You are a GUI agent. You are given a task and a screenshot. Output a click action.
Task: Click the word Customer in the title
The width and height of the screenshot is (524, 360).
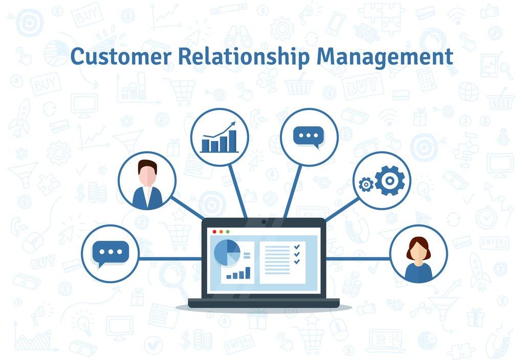coord(121,56)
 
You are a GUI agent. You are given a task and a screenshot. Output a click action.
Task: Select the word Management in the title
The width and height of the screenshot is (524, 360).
coord(385,58)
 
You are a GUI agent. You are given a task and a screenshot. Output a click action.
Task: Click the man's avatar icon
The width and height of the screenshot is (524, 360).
coord(147,184)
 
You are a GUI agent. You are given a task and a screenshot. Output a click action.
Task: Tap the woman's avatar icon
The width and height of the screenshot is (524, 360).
coord(419,259)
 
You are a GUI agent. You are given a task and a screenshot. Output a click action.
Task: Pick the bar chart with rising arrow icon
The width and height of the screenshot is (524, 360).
coord(219,137)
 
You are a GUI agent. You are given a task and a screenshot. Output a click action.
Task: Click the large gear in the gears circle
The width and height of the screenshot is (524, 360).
coord(389,181)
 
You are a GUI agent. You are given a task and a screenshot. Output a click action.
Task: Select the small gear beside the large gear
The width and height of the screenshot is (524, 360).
coord(366,184)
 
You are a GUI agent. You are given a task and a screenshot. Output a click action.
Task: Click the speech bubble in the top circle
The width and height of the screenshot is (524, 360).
coord(309,137)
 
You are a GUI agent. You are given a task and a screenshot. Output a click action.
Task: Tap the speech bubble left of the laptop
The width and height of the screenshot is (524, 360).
coord(111,254)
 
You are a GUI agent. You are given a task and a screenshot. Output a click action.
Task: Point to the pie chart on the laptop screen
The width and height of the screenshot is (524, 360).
coord(227,253)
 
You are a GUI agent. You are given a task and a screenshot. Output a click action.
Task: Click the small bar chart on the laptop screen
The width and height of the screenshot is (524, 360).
coord(238,273)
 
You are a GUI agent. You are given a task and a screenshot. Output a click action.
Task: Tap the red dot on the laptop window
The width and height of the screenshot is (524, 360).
coord(214,232)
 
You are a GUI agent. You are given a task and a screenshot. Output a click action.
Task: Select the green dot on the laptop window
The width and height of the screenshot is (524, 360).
coord(228,232)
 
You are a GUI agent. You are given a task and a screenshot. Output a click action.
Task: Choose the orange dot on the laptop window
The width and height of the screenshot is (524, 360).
coord(221,232)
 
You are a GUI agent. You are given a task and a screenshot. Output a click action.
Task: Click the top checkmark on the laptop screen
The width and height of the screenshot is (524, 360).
coord(297,247)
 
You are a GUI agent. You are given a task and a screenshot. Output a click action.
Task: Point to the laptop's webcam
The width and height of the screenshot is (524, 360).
coord(264,222)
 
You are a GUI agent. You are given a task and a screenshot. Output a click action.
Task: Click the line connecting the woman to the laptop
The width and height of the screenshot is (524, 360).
coord(358,259)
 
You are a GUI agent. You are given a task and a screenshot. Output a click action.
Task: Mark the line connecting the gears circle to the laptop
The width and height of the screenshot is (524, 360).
coord(342,209)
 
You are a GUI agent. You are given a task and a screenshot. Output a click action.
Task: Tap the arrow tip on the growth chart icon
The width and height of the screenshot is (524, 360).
coord(234,123)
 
